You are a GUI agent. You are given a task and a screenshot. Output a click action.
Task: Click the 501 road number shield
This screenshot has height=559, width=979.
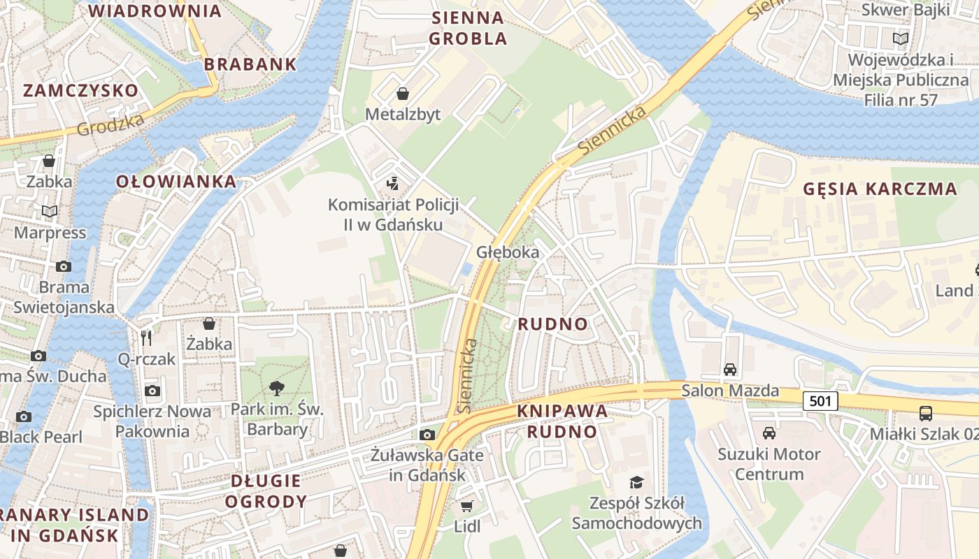tap(820, 401)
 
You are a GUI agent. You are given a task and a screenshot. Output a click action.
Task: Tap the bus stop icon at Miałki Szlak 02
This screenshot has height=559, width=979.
tap(926, 413)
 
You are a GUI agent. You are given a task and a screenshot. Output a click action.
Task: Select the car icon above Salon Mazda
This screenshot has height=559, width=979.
tap(730, 370)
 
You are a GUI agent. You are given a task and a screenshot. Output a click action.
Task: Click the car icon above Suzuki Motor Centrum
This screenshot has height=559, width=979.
tap(769, 433)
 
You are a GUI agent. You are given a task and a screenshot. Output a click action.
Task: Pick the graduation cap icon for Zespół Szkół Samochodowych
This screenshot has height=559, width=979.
tap(636, 482)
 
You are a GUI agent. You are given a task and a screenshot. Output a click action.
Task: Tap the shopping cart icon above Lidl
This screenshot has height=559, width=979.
tap(466, 505)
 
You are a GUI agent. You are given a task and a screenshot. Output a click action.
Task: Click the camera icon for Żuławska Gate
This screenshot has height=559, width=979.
tap(427, 435)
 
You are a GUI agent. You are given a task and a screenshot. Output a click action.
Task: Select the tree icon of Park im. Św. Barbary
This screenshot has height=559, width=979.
tap(277, 388)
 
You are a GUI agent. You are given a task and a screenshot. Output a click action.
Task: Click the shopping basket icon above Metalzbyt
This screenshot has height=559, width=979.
tap(403, 94)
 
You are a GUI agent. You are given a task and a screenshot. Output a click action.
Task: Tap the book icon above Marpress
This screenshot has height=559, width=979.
tap(49, 211)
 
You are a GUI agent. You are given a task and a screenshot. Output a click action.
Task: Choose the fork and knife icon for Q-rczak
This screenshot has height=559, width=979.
tap(146, 338)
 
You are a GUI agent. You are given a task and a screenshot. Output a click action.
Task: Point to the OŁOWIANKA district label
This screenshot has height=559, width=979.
tap(176, 182)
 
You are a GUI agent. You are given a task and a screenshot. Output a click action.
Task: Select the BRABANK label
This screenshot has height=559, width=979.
tap(250, 64)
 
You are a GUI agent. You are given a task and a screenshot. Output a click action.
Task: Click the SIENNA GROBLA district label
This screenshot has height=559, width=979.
tap(468, 28)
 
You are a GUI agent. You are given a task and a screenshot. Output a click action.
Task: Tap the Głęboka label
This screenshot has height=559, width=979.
tap(508, 252)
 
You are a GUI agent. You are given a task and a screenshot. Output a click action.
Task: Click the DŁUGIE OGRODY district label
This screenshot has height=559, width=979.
tap(266, 491)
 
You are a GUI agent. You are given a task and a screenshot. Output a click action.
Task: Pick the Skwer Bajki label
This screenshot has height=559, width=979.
tap(906, 10)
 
